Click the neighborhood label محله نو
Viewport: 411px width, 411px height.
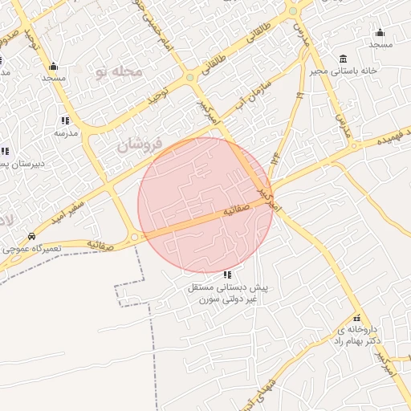pos(117,73)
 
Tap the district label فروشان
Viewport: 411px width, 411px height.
pos(140,145)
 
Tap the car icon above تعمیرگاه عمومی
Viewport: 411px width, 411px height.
pos(31,237)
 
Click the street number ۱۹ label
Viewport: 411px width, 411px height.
pos(300,96)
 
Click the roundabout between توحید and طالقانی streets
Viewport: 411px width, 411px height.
pos(190,78)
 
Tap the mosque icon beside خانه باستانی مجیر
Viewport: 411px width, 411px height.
pos(380,32)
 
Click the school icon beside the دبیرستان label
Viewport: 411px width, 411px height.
pos(4,151)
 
